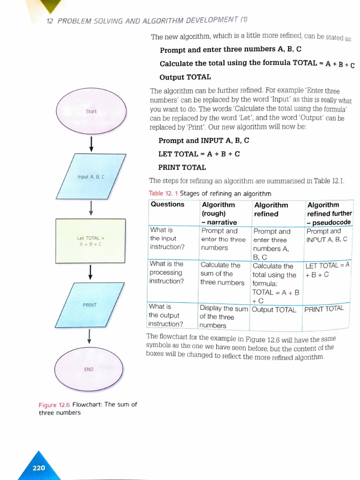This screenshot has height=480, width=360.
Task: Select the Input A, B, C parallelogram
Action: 91,177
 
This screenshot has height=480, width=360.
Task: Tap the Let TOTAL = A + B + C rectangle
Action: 90,241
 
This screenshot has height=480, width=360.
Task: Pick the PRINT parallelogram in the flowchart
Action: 90,305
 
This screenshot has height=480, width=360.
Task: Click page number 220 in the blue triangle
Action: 38,467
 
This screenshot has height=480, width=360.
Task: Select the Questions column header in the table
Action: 167,204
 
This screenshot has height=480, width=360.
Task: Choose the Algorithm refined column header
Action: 271,209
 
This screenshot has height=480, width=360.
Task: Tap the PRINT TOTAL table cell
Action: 324,309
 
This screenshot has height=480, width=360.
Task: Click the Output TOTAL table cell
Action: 274,310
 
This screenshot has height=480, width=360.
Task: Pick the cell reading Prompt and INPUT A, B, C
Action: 327,235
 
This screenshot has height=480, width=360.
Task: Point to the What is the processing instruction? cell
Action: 166,273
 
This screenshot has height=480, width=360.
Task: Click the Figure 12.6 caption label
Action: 54,405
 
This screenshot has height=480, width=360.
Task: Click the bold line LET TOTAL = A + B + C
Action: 199,154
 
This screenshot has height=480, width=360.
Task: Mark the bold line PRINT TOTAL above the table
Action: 182,167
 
